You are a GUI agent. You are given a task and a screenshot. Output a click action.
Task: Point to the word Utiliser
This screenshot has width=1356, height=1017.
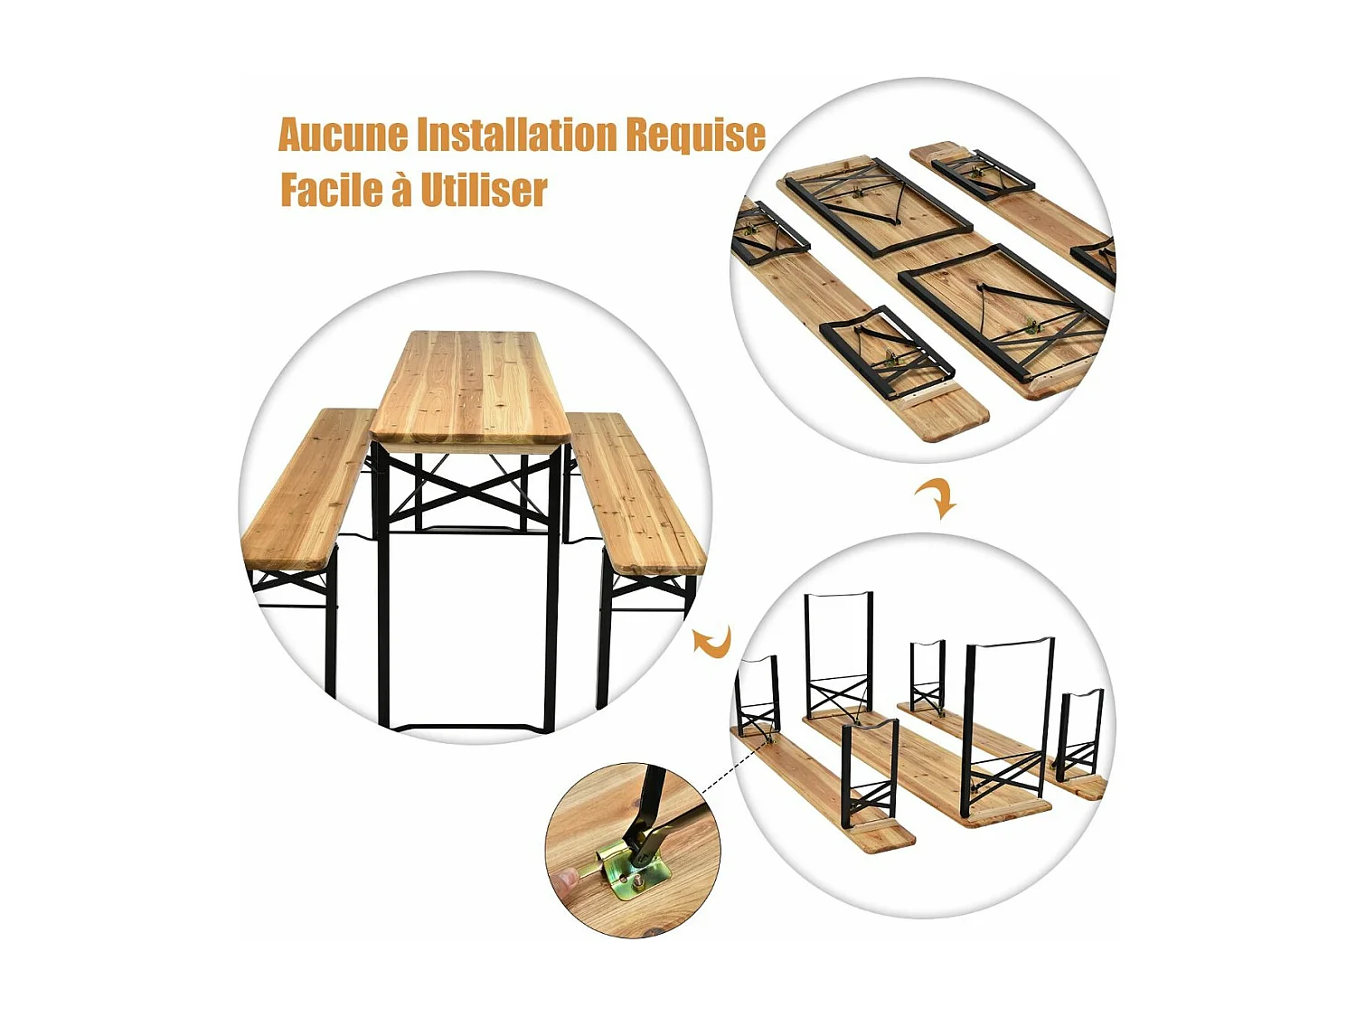click(x=484, y=191)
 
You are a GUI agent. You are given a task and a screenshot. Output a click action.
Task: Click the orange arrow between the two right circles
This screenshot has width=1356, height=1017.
click(x=937, y=498)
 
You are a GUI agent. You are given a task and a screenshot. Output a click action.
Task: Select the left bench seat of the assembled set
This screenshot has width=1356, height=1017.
click(x=307, y=488)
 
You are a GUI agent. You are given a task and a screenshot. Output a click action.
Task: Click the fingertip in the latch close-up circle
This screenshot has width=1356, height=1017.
click(x=569, y=878)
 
